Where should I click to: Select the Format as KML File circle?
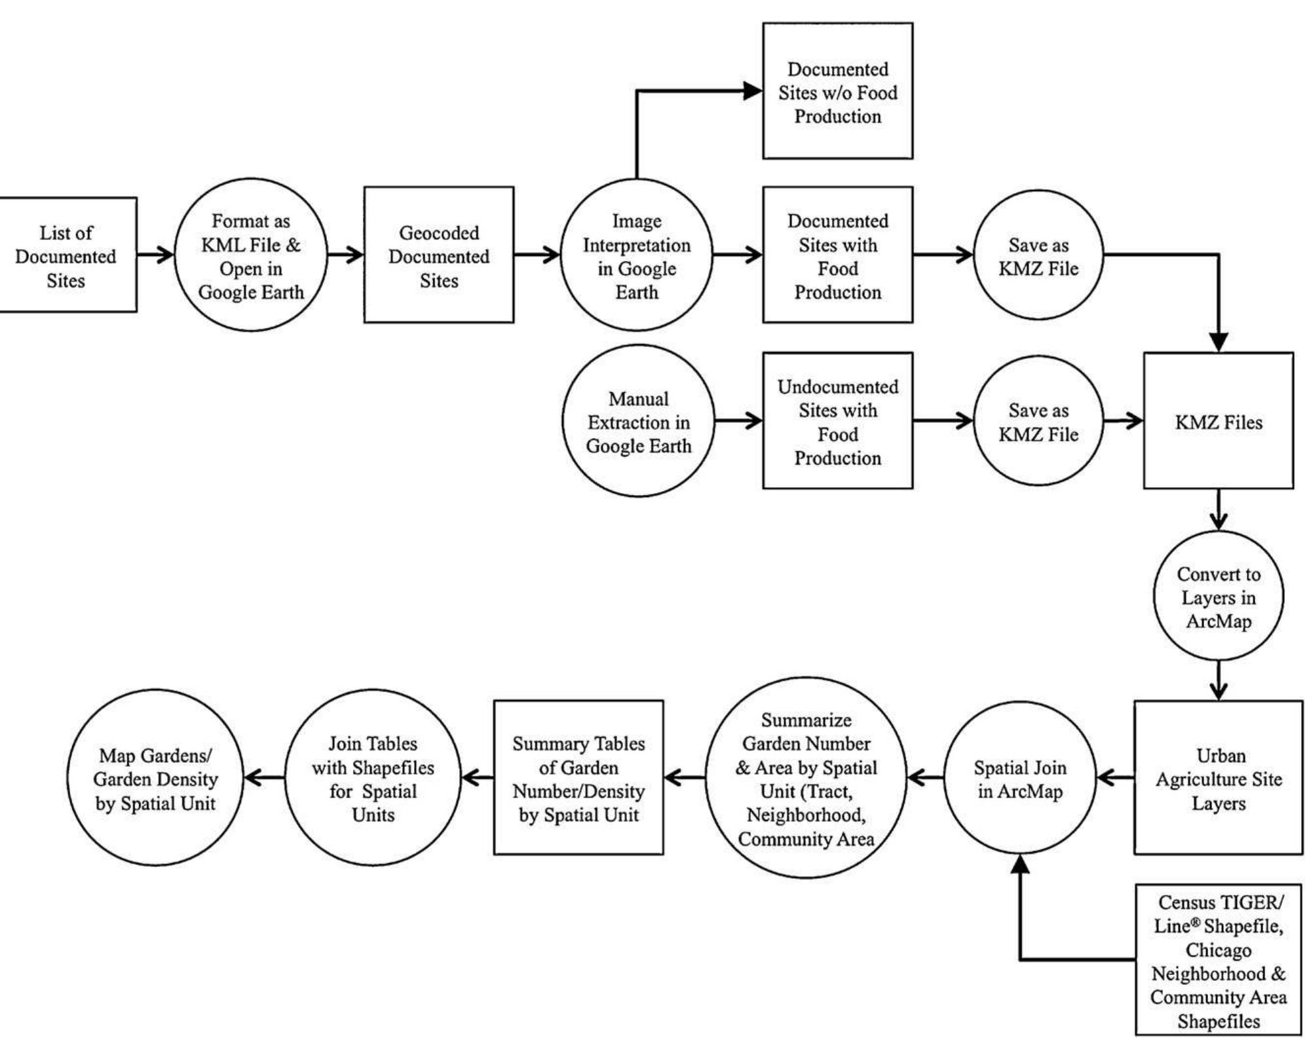point(250,255)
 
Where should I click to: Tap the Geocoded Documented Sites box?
point(438,255)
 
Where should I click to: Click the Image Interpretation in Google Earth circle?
point(636,255)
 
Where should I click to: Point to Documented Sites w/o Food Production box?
point(837,92)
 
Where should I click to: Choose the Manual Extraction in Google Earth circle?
point(638,422)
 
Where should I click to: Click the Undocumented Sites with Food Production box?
point(837,422)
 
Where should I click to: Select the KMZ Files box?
point(1218,422)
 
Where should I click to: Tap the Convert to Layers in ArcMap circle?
point(1218,597)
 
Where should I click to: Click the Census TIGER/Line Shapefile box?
point(1218,960)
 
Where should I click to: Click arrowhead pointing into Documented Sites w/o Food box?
point(753,91)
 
